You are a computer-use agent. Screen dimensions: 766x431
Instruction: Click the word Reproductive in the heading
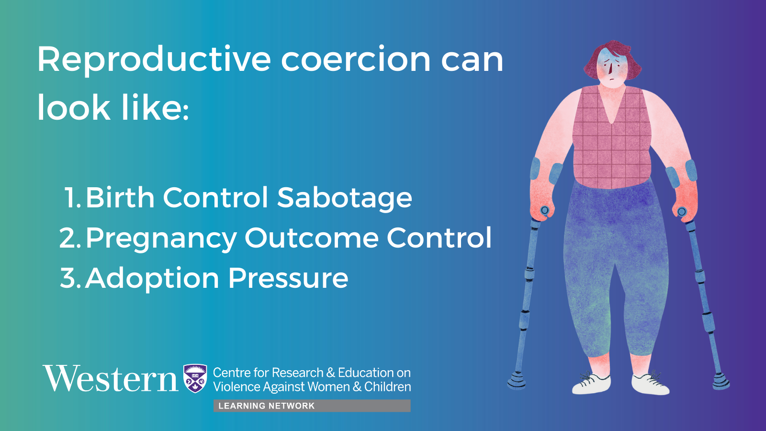(x=154, y=60)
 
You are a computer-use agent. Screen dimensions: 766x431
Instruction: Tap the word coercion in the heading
(x=356, y=59)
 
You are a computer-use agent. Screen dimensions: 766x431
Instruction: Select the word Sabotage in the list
(x=344, y=198)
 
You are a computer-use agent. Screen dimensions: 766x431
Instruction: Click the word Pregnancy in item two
(x=161, y=239)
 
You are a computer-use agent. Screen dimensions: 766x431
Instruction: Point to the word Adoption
(x=152, y=279)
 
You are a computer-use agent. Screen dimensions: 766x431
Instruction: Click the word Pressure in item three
(x=288, y=278)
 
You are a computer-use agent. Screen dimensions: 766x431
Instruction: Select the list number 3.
(x=70, y=278)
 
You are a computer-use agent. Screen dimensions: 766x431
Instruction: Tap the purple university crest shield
(x=195, y=378)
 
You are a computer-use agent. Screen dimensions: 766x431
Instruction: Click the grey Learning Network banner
(x=312, y=406)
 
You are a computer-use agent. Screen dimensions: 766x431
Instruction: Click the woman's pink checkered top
(x=612, y=137)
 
